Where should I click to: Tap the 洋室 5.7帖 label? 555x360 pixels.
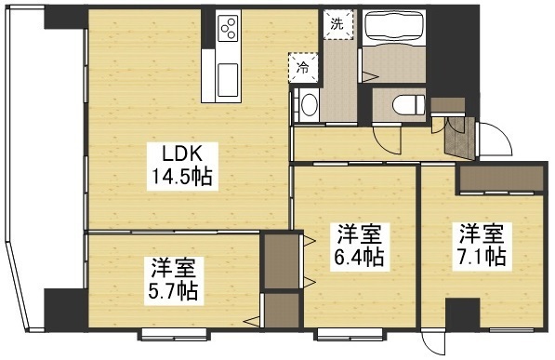pyautogui.click(x=174, y=279)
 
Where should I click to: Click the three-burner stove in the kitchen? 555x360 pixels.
pyautogui.click(x=229, y=31)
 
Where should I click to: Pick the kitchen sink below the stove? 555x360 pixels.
pyautogui.click(x=229, y=77)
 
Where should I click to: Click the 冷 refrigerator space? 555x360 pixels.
pyautogui.click(x=303, y=66)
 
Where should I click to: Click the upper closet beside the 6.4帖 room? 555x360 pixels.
pyautogui.click(x=277, y=260)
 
